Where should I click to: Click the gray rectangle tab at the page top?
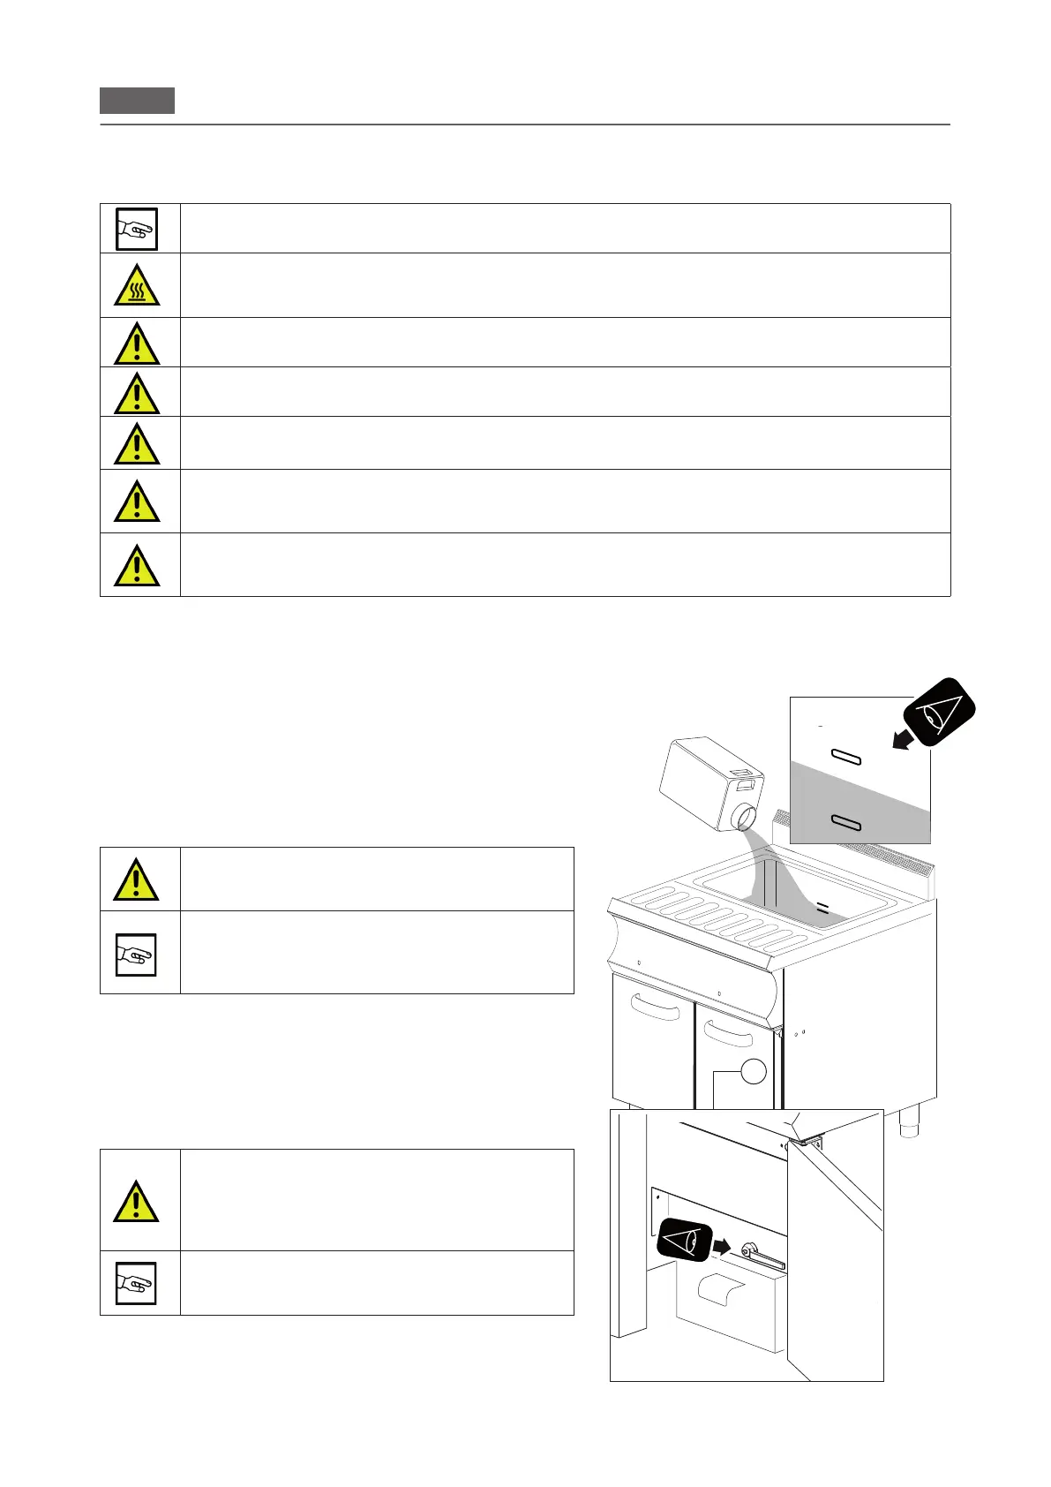[x=137, y=101]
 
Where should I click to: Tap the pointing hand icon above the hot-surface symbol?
[x=137, y=229]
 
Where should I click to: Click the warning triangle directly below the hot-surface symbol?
[x=137, y=343]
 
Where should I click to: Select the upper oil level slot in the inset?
[x=846, y=758]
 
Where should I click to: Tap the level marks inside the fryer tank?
[x=822, y=907]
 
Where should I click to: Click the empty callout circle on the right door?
[x=753, y=1071]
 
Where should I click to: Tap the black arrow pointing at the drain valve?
[x=722, y=1247]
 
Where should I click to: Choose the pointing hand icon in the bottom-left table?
[x=137, y=1283]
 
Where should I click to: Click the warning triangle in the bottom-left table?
[x=137, y=1201]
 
